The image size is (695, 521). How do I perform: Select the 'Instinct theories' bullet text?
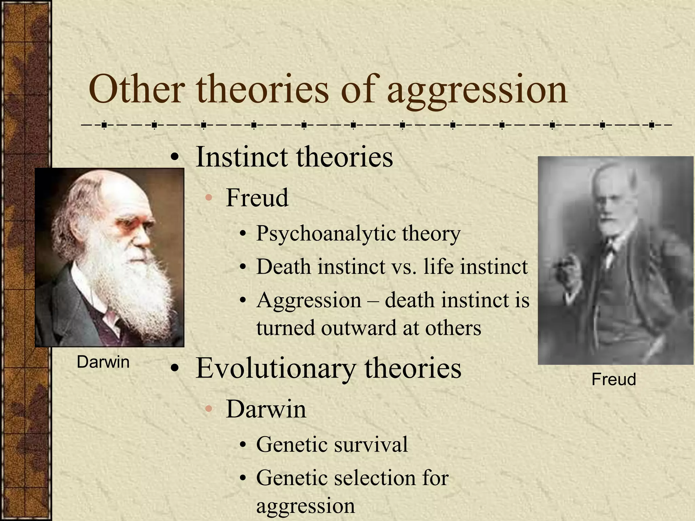294,157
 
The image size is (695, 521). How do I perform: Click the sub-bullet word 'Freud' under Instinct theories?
257,198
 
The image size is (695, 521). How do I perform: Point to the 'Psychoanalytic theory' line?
358,234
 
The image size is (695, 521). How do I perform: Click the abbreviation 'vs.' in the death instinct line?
403,267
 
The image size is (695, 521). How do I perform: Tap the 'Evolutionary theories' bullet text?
328,368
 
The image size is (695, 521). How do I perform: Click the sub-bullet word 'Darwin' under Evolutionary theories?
266,409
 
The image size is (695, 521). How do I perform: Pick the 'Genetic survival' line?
332,445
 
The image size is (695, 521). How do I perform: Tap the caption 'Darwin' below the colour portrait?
103,362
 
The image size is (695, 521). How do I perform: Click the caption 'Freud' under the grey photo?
613,379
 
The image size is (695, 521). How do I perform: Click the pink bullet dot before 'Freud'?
209,198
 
